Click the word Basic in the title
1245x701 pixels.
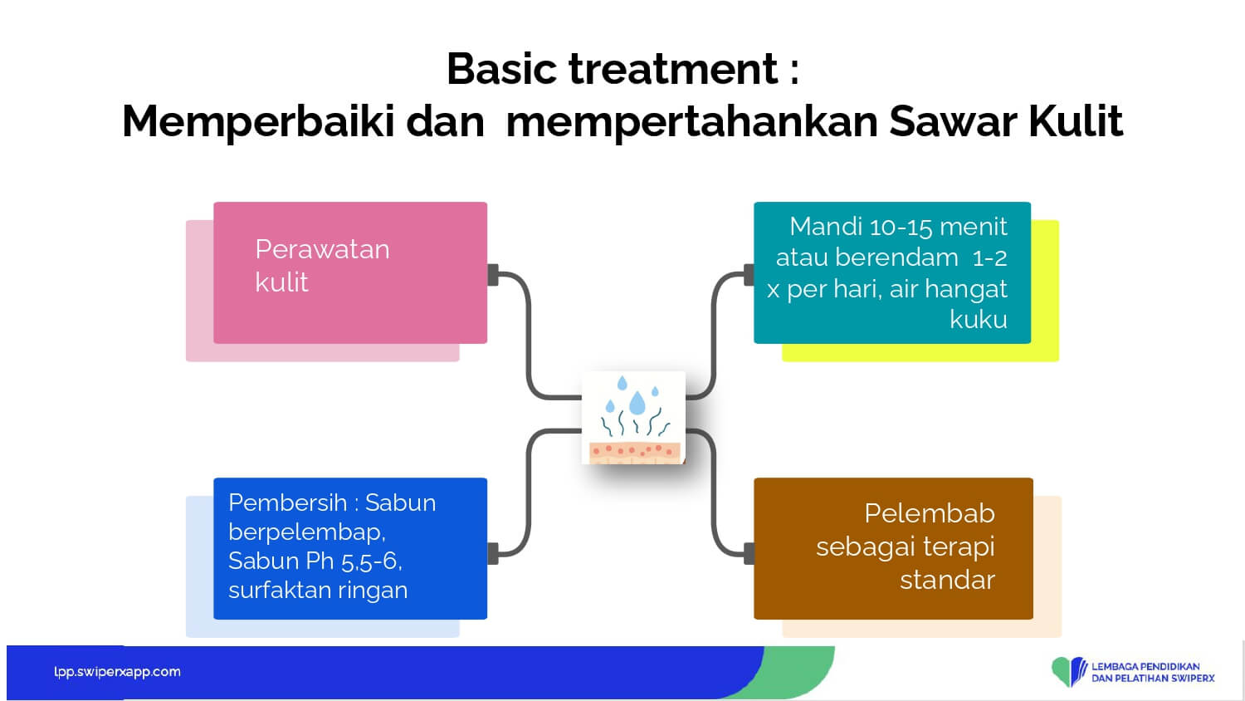[501, 69]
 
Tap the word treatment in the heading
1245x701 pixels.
[673, 69]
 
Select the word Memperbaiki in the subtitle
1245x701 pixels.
[258, 122]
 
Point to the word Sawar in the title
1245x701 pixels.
[952, 120]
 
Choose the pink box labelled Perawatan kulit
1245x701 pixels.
[350, 272]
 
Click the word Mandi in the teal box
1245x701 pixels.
[825, 227]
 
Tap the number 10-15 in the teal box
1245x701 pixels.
[899, 227]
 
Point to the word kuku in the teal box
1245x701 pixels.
[979, 319]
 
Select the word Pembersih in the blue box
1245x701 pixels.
[287, 502]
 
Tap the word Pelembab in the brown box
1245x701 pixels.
[930, 513]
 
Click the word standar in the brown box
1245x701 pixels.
[947, 580]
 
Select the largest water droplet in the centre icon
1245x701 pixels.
[637, 403]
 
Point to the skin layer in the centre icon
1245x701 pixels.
[635, 453]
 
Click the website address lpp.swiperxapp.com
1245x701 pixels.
[117, 671]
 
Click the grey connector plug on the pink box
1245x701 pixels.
[493, 275]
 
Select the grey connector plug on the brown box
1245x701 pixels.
[749, 553]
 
